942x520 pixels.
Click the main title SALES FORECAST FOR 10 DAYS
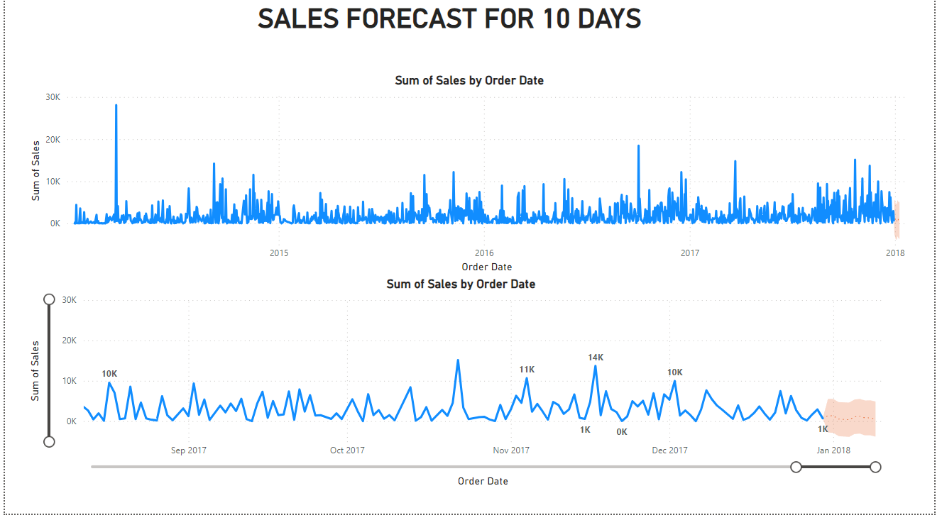[x=449, y=19]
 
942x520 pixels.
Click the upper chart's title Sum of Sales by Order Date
[x=469, y=80]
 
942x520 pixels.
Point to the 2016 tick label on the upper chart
[x=483, y=253]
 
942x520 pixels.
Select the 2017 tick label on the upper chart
[x=689, y=253]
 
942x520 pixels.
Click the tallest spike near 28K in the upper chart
[x=116, y=106]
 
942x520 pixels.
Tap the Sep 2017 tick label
[x=188, y=450]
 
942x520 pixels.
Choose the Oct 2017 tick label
[x=347, y=450]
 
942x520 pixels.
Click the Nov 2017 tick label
[x=511, y=450]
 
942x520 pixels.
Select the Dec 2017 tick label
[x=669, y=450]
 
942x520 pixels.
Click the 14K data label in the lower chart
[x=596, y=358]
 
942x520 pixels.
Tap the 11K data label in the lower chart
[x=527, y=370]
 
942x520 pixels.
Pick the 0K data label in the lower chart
[x=622, y=431]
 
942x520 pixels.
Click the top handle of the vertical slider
[x=49, y=299]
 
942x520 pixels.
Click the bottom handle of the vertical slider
[x=49, y=442]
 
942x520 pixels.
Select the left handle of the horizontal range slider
[x=796, y=467]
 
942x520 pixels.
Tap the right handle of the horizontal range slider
[x=875, y=467]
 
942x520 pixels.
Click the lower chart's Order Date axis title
[x=483, y=481]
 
